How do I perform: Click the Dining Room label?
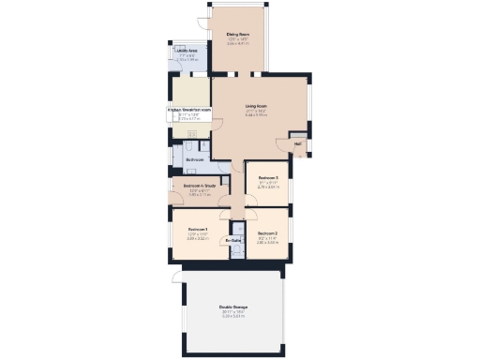point(236,34)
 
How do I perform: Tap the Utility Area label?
point(186,51)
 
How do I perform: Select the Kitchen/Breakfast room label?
point(189,110)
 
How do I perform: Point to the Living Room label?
point(257,106)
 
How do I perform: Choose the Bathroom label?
point(195,160)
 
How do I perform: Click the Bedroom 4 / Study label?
point(194,186)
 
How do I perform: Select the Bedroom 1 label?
point(197,230)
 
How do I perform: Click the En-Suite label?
point(234,241)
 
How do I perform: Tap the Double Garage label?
point(233,307)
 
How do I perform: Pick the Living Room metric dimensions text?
point(257,116)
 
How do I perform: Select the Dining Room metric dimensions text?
point(236,43)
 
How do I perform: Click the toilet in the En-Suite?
point(238,230)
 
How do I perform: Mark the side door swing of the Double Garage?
point(173,274)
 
